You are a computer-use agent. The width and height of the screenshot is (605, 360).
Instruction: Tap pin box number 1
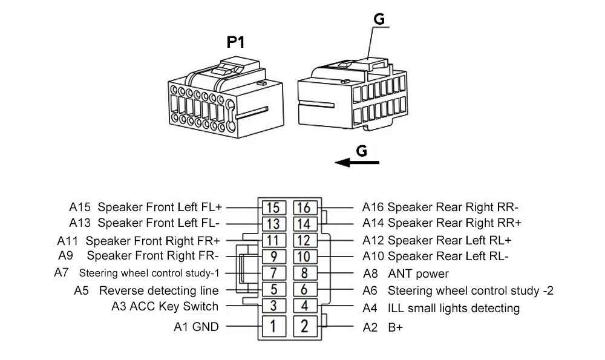[273, 327]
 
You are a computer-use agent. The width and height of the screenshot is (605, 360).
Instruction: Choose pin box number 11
[273, 240]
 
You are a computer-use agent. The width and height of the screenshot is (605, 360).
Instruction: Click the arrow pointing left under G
[357, 162]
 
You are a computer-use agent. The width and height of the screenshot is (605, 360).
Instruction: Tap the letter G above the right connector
[379, 19]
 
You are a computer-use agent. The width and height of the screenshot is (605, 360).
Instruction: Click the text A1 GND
[196, 327]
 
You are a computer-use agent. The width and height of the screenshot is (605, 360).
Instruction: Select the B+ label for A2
[395, 328]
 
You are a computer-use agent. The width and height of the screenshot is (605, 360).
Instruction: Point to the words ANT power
[418, 274]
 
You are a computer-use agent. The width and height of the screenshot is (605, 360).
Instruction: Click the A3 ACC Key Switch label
[165, 306]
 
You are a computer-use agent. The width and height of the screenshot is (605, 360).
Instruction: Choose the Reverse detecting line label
[159, 291]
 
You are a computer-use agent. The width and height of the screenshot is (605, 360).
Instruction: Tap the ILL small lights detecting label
[453, 309]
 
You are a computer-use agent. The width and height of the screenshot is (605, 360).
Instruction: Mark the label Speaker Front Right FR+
[153, 240]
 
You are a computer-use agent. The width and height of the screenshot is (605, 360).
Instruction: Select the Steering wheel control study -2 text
[470, 290]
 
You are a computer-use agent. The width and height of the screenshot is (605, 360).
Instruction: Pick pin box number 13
[273, 224]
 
